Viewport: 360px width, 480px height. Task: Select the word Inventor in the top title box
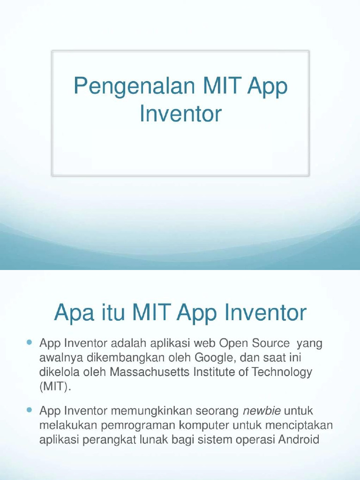click(x=180, y=114)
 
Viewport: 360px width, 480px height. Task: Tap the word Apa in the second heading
click(x=74, y=313)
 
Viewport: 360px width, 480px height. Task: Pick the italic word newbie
click(x=262, y=411)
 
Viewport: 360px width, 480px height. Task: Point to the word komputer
click(x=205, y=426)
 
